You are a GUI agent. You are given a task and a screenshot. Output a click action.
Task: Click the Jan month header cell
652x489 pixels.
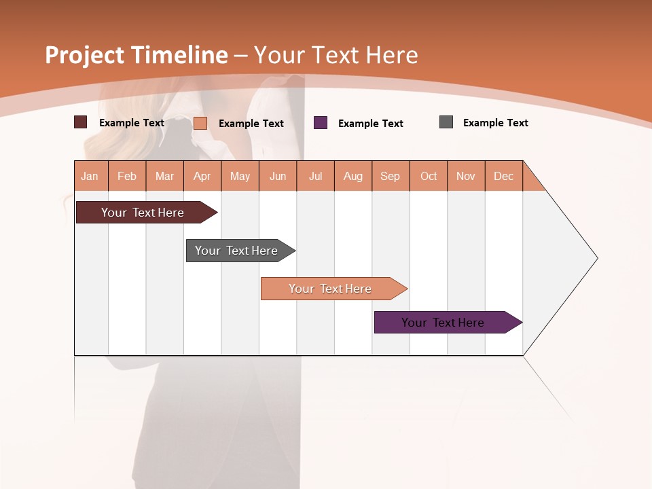click(90, 176)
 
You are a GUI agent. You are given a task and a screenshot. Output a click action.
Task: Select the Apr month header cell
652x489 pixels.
click(202, 176)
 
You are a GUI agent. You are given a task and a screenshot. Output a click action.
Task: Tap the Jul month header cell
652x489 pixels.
click(315, 176)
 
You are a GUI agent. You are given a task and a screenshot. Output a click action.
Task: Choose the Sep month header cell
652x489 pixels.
click(391, 176)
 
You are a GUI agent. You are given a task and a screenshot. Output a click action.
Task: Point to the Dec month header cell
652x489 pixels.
click(503, 176)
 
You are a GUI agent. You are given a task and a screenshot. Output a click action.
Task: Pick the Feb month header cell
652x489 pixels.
click(127, 176)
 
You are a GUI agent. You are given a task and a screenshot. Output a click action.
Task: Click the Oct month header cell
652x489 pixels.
click(429, 176)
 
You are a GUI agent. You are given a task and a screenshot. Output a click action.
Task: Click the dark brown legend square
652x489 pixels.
click(81, 122)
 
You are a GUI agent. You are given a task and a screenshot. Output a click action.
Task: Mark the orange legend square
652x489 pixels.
click(200, 123)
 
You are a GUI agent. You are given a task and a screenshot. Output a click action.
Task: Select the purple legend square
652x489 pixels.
click(321, 123)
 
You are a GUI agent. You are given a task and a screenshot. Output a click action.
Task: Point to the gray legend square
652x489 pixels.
click(446, 122)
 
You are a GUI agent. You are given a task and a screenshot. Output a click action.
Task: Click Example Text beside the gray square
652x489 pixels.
click(495, 123)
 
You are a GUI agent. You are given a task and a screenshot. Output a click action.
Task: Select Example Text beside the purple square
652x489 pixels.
click(370, 124)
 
